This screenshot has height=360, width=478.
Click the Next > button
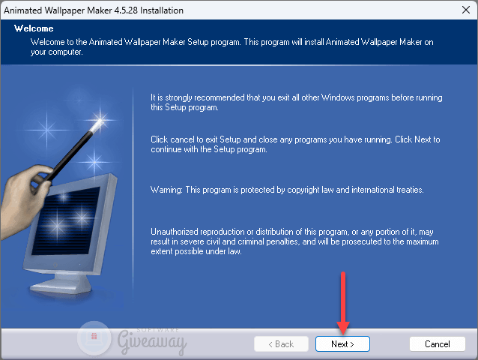click(x=342, y=343)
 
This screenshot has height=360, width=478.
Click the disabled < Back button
click(x=281, y=343)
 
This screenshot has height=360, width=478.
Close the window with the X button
click(x=466, y=10)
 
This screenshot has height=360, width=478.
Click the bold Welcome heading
click(x=34, y=28)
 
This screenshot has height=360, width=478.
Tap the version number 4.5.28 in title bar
click(x=126, y=10)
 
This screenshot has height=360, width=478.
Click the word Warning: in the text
click(x=166, y=190)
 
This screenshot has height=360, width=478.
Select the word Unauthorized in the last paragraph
click(x=175, y=232)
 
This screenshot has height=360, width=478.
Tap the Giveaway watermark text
click(x=152, y=341)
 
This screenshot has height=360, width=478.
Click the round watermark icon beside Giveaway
click(x=94, y=337)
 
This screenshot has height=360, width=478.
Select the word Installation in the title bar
click(x=162, y=10)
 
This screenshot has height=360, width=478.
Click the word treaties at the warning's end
click(x=410, y=190)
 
